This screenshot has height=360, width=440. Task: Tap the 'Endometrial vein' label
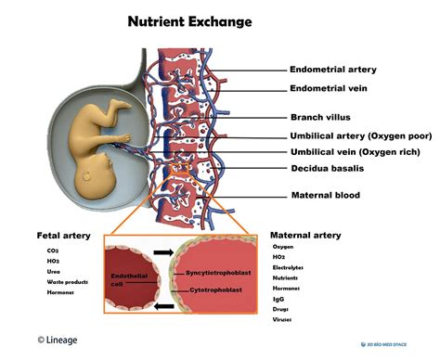pyautogui.click(x=329, y=89)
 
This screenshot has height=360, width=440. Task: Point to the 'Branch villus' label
pyautogui.click(x=321, y=117)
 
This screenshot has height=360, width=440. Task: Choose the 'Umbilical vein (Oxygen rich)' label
pyautogui.click(x=356, y=152)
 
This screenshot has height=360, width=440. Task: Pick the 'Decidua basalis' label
pyautogui.click(x=328, y=170)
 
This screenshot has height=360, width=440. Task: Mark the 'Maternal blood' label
pyautogui.click(x=325, y=195)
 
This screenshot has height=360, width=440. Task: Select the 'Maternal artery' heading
pyautogui.click(x=305, y=236)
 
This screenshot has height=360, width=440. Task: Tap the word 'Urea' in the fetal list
pyautogui.click(x=53, y=272)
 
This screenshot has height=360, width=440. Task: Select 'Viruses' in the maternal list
pyautogui.click(x=281, y=318)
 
